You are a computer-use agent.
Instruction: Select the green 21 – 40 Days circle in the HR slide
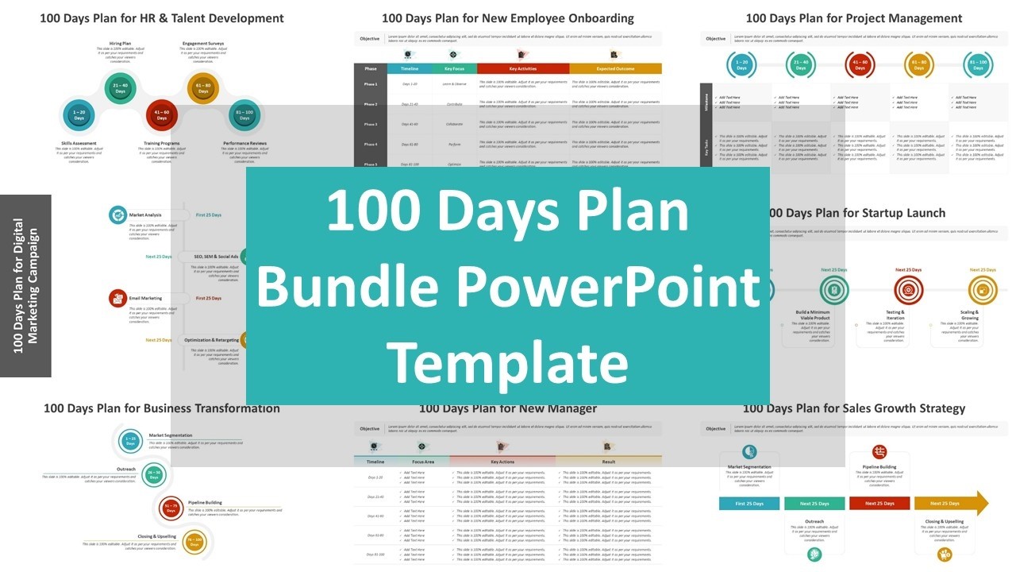click(x=120, y=88)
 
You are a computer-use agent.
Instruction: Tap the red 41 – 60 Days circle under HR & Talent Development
click(x=161, y=115)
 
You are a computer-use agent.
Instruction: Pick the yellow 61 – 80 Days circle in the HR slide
click(x=203, y=88)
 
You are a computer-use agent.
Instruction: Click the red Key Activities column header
click(x=523, y=69)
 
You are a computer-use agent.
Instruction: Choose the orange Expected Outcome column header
click(x=615, y=69)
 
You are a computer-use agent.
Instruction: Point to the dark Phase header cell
click(x=371, y=69)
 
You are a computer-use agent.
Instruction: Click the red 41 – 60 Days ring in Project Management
click(x=859, y=65)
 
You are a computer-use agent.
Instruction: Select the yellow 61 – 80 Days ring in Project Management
click(x=919, y=65)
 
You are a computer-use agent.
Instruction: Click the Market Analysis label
click(x=145, y=214)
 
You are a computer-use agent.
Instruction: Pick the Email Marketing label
click(x=145, y=299)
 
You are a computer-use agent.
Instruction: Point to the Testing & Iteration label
click(x=895, y=315)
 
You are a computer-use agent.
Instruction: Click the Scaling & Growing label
click(x=970, y=315)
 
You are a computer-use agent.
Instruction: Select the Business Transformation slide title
click(x=162, y=408)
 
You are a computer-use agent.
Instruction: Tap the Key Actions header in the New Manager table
click(x=502, y=461)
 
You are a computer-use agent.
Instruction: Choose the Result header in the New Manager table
click(x=609, y=461)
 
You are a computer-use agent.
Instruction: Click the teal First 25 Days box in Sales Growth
click(x=749, y=503)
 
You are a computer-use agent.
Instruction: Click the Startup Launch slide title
click(x=857, y=213)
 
